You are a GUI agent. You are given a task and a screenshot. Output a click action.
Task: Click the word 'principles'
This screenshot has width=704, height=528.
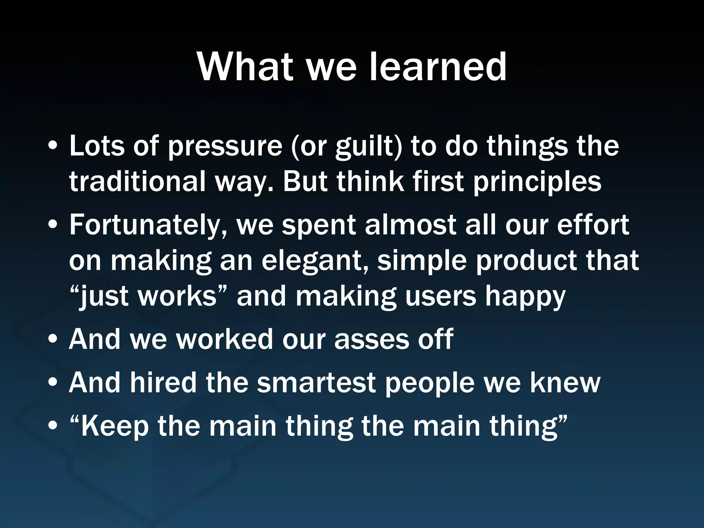537,182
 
